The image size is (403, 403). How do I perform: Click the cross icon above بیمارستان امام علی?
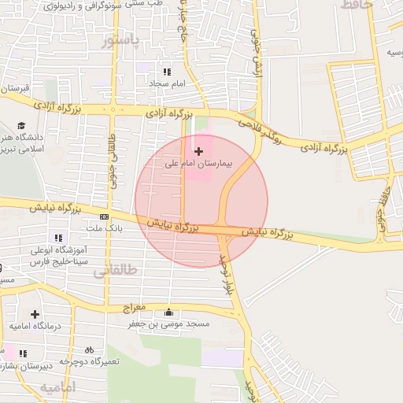tap(198, 150)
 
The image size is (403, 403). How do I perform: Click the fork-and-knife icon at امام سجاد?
tap(166, 71)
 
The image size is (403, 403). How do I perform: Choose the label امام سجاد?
tap(167, 83)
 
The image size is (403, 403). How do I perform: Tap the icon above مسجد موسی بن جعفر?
tap(168, 312)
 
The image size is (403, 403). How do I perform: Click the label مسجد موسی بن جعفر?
tap(168, 324)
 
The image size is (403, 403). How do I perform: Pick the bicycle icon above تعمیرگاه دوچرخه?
tap(89, 349)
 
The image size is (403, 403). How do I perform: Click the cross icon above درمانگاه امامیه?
tap(35, 314)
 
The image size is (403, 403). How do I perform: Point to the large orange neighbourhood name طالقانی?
tap(115, 271)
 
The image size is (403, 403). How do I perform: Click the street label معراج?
tap(135, 306)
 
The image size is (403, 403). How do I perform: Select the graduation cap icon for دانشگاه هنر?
tap(22, 125)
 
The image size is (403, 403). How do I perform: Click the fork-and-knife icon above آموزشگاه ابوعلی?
tap(57, 237)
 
